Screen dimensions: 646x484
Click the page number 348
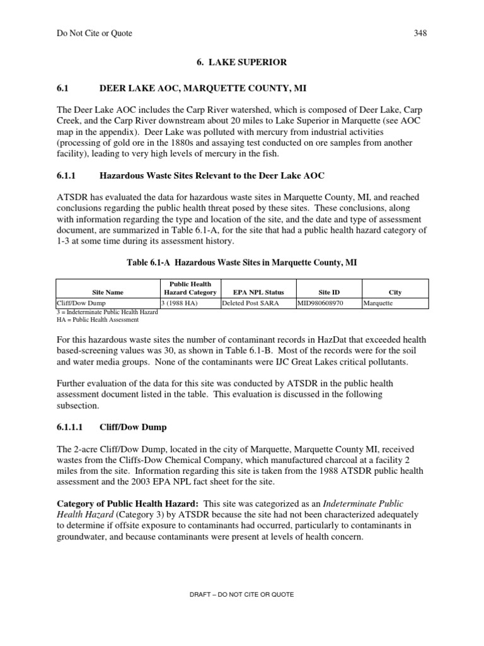coord(420,33)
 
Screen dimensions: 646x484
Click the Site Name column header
coord(108,293)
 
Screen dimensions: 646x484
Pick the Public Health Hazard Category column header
coord(190,288)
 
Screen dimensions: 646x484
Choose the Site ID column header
coord(328,293)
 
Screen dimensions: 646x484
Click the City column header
coord(395,293)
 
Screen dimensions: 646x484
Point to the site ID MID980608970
coord(321,303)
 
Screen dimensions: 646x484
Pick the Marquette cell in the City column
coord(378,303)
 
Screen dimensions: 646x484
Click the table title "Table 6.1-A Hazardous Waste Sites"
coord(241,263)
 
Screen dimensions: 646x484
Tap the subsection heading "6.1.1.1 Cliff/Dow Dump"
coord(112,427)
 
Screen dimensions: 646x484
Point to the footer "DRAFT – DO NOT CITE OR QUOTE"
coord(242,594)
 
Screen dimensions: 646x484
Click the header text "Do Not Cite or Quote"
coord(95,33)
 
